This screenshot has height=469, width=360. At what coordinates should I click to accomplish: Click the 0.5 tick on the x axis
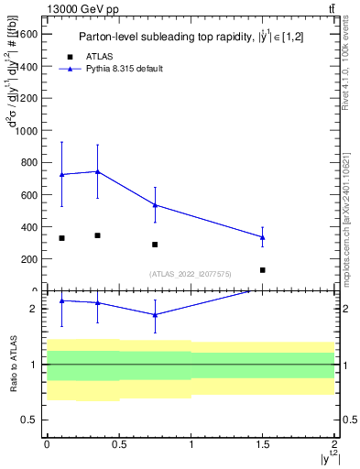point(118,446)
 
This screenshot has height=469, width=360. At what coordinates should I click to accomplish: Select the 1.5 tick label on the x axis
point(263,446)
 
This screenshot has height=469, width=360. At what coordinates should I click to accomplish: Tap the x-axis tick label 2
point(335,446)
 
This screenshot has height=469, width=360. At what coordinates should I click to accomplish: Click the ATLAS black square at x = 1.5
point(263,270)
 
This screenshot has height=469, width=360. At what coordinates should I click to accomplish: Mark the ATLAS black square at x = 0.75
point(155,245)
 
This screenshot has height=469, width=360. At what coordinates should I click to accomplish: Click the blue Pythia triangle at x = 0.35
point(97,171)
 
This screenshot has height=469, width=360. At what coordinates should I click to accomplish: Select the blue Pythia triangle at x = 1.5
point(263,237)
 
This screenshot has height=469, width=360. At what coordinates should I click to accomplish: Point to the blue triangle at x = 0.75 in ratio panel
point(155,314)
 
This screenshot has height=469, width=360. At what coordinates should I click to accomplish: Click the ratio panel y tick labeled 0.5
point(28,420)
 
